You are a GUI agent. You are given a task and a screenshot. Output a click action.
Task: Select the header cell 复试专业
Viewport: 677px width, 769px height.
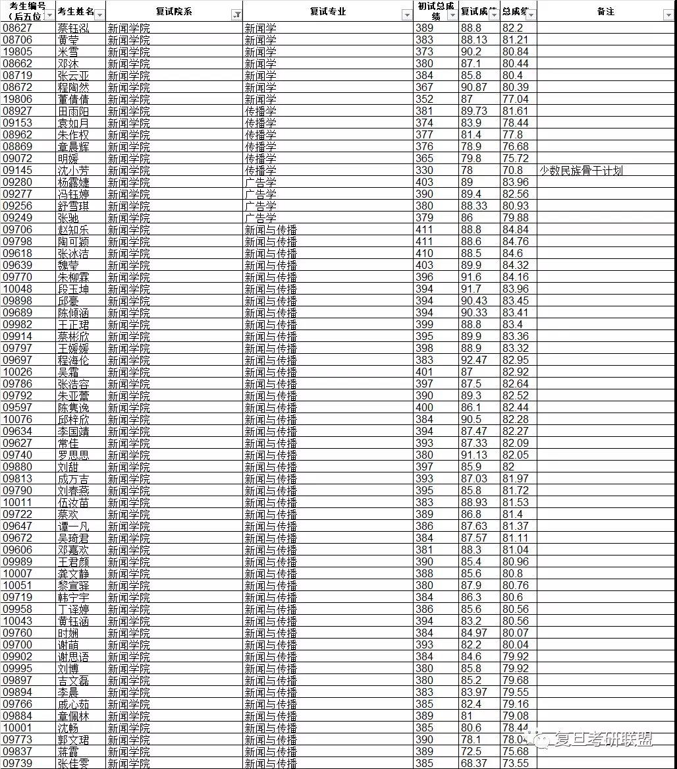click(x=327, y=11)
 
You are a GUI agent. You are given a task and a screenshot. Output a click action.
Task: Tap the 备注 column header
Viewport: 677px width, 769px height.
click(x=605, y=11)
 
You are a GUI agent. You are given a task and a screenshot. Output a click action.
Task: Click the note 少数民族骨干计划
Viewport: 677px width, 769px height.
click(x=580, y=171)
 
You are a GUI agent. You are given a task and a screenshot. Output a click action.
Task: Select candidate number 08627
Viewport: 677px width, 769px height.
click(x=18, y=28)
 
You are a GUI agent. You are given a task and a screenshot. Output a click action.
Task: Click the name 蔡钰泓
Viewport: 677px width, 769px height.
click(x=73, y=28)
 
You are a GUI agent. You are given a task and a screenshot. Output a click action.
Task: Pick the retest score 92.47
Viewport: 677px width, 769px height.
click(x=474, y=360)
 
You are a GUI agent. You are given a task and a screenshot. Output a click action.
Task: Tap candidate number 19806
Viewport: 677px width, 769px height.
click(x=18, y=100)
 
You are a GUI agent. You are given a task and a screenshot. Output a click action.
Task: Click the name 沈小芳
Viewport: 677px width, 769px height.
click(x=73, y=171)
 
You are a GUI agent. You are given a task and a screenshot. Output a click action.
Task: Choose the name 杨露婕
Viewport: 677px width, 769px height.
click(x=73, y=183)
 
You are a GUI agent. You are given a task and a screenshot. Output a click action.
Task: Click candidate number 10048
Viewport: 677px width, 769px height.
click(x=18, y=289)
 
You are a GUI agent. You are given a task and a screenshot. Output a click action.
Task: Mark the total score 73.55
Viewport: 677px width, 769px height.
click(x=515, y=764)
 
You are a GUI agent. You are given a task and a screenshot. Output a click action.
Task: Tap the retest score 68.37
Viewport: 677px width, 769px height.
click(x=474, y=764)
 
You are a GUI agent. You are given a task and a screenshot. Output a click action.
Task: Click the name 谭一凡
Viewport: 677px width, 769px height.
click(x=73, y=527)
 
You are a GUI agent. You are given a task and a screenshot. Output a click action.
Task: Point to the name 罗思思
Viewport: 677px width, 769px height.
click(x=73, y=455)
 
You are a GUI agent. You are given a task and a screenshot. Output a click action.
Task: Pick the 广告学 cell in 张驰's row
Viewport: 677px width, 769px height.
click(x=261, y=218)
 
